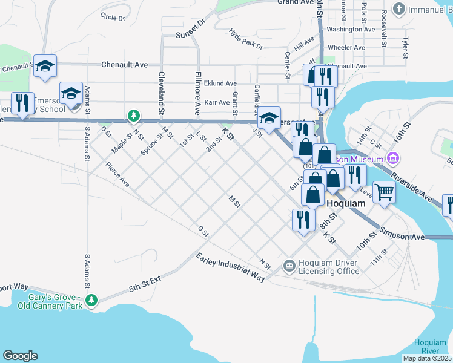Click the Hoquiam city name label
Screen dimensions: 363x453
tap(346, 203)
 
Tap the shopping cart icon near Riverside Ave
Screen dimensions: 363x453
tap(383, 192)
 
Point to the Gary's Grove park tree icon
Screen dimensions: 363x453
tap(91, 299)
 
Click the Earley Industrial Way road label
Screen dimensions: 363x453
tap(231, 266)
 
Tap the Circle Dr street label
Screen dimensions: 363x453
tap(113, 18)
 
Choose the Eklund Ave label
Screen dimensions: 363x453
tap(220, 83)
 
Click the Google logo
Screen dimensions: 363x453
tap(20, 355)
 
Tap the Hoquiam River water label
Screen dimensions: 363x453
tap(430, 347)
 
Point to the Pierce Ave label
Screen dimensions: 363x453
tap(117, 174)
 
